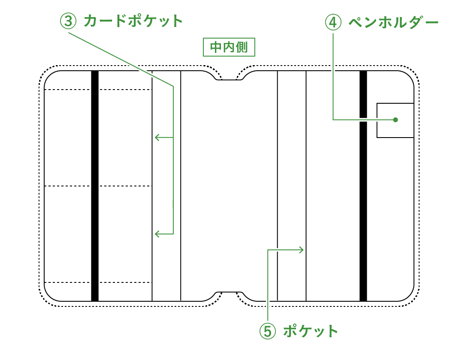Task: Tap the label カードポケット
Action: [133, 21]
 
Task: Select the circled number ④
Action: [333, 23]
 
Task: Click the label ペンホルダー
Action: [393, 23]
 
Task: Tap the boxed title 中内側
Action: [229, 47]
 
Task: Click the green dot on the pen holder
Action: [396, 120]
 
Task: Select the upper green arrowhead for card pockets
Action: [157, 138]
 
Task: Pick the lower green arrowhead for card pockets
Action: [157, 234]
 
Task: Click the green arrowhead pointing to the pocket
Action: [302, 249]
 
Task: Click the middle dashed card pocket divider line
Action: [124, 186]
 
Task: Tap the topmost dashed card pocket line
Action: [124, 90]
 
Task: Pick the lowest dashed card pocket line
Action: [124, 282]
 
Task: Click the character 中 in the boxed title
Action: [215, 47]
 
